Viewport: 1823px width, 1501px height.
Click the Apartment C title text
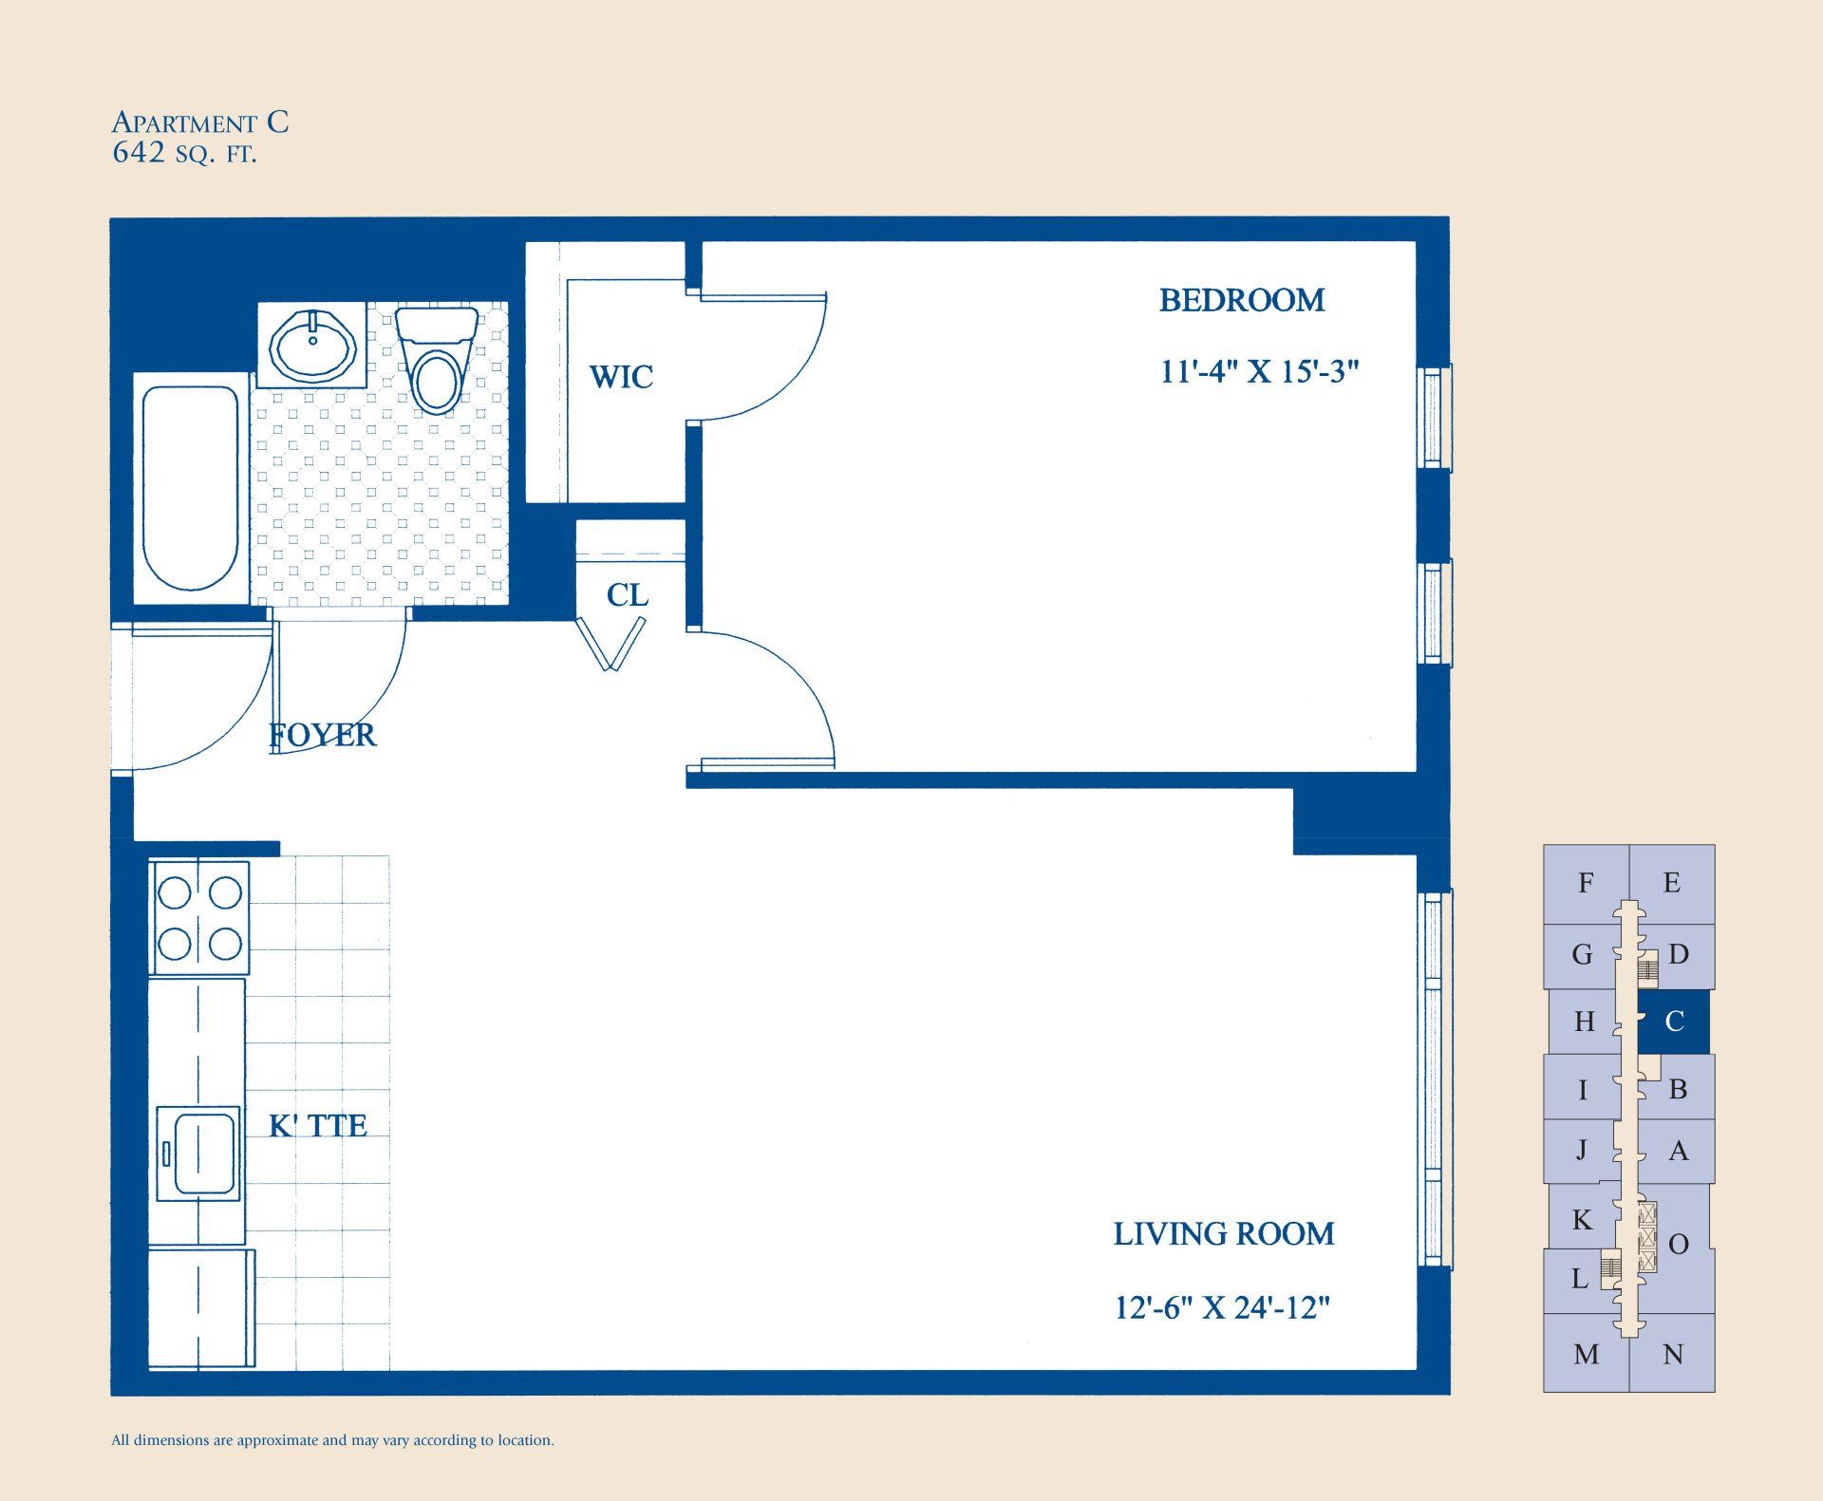tap(200, 122)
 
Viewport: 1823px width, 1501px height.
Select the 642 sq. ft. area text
tap(184, 154)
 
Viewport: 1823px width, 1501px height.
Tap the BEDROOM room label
tap(1241, 301)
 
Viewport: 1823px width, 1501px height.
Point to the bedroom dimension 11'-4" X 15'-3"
tap(1259, 371)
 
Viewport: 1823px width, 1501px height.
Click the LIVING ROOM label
tap(1223, 1234)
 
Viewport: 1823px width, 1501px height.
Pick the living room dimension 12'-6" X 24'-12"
tap(1221, 1308)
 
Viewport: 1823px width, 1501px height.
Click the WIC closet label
tap(621, 377)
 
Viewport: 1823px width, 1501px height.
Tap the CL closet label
tap(627, 595)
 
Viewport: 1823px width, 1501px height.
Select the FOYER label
tap(323, 735)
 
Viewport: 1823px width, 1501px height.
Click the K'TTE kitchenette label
tap(317, 1126)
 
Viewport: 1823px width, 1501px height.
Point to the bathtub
tap(191, 487)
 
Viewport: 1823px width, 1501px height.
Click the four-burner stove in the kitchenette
tap(199, 918)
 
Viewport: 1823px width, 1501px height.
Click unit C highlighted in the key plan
tap(1674, 1022)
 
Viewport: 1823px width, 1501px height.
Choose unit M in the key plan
tap(1586, 1354)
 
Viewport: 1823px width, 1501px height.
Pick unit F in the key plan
tap(1585, 883)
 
